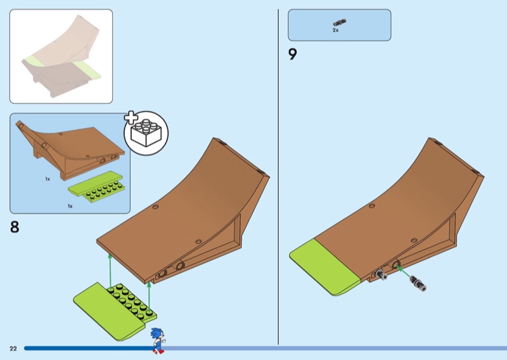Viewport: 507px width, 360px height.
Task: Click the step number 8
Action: coord(15,227)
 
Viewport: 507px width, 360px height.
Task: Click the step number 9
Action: coord(293,55)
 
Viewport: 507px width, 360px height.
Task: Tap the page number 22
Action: coord(13,349)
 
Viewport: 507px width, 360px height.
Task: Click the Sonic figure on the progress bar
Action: coord(157,340)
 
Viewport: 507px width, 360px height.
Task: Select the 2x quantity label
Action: coord(336,30)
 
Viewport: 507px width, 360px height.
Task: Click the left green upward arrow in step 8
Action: coord(110,269)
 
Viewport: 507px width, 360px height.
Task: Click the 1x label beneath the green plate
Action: coord(70,206)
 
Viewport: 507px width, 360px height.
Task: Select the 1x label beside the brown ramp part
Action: coord(47,179)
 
